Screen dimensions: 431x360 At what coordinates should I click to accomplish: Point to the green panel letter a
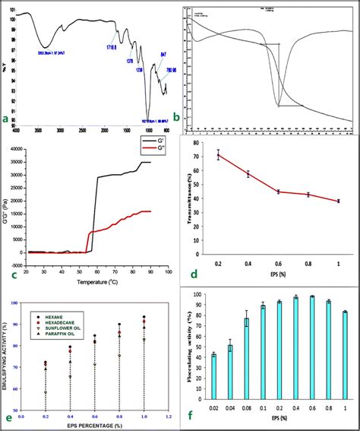click(6, 119)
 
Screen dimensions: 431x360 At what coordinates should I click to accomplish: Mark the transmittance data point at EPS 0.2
click(219, 155)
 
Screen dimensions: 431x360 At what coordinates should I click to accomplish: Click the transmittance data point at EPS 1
click(338, 201)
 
